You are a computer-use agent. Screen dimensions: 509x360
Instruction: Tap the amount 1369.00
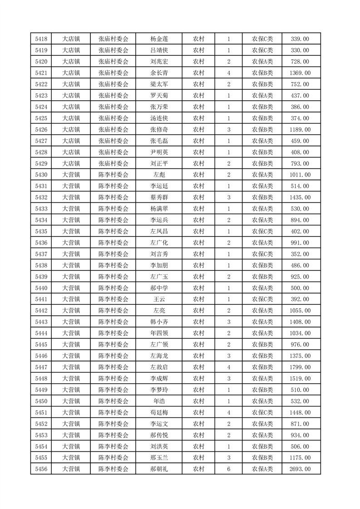click(x=300, y=73)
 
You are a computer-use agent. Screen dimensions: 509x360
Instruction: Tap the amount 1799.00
click(x=300, y=367)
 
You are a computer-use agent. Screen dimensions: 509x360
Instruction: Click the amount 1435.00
click(x=300, y=197)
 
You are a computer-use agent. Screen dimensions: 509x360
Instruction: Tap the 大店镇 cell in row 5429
click(x=71, y=163)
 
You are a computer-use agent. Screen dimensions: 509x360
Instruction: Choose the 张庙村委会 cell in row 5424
click(x=113, y=107)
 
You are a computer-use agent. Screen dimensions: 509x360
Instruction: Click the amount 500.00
click(x=300, y=288)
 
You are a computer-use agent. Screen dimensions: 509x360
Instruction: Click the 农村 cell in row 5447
click(x=198, y=367)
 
